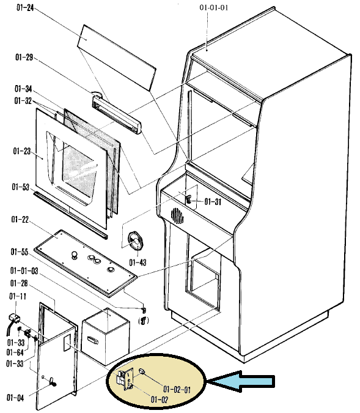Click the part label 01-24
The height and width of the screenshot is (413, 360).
[25, 7]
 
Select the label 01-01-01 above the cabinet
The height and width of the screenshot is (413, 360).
[214, 7]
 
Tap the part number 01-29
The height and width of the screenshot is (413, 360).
[24, 57]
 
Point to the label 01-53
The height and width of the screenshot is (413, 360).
[21, 187]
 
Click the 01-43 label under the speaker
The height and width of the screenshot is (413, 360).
[138, 262]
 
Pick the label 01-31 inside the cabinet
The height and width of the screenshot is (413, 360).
[213, 201]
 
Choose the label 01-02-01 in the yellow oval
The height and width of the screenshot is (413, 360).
[177, 389]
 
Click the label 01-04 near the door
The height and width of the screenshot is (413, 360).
[15, 398]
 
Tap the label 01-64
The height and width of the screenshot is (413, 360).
[15, 352]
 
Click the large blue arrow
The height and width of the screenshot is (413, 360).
[241, 381]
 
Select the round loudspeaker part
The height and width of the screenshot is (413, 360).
[136, 241]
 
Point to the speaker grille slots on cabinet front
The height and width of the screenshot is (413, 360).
[177, 216]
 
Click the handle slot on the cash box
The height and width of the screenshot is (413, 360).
[93, 340]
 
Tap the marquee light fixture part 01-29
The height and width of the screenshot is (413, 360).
[117, 114]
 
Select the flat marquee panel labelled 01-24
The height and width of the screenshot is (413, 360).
[117, 58]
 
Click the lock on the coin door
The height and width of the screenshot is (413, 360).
[52, 381]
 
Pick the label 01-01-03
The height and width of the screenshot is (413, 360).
[24, 270]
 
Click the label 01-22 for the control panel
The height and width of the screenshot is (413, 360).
[20, 219]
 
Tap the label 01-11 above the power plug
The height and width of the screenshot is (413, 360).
[18, 296]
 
